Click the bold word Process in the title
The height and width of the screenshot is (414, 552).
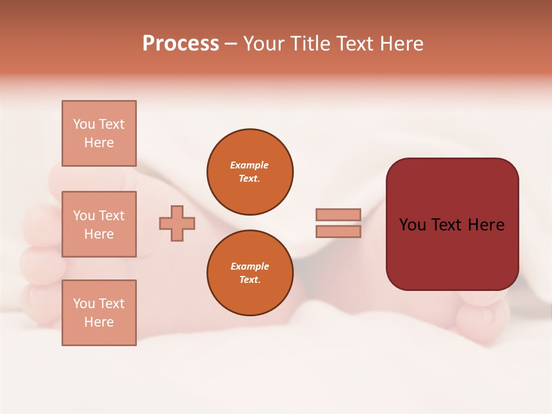coord(181,44)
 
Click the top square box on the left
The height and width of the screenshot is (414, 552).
coord(99,133)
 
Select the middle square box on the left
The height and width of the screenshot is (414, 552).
coord(99,224)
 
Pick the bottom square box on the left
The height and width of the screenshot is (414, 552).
coord(99,313)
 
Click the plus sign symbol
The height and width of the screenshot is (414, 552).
coord(177,223)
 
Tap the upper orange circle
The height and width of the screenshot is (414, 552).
coord(250,172)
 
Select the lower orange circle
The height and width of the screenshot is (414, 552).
coord(250,273)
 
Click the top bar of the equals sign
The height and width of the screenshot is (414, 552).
coord(338,214)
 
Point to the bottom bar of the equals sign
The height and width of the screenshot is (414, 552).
coord(338,232)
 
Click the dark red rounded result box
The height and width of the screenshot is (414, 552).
coord(452,224)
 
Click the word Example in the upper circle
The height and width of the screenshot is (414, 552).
coord(250,165)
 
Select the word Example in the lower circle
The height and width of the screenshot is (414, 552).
coord(250,266)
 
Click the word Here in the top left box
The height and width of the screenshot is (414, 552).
coord(99,143)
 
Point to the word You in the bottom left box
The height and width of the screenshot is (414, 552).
coord(84,304)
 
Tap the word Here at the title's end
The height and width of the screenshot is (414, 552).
coord(402,44)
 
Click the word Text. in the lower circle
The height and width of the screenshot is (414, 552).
coord(250,280)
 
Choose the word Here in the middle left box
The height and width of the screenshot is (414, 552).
coord(99,234)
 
